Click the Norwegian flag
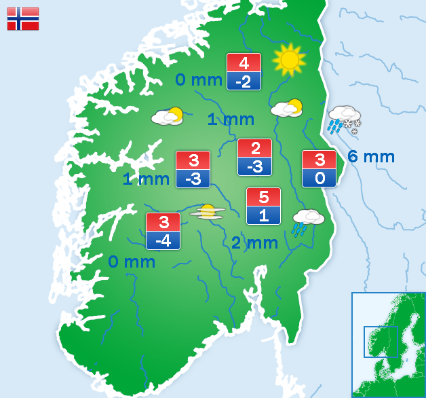pyautogui.click(x=23, y=19)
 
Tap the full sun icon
pyautogui.click(x=290, y=60)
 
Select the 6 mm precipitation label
pyautogui.click(x=371, y=157)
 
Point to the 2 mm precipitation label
pyautogui.click(x=254, y=242)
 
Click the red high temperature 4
pyautogui.click(x=244, y=62)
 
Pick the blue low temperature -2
pyautogui.click(x=244, y=82)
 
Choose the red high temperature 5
pyautogui.click(x=263, y=198)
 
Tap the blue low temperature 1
pyautogui.click(x=263, y=216)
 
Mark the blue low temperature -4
pyautogui.click(x=163, y=240)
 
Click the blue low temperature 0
pyautogui.click(x=319, y=179)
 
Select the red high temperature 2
pyautogui.click(x=254, y=148)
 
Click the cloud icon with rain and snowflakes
pyautogui.click(x=345, y=119)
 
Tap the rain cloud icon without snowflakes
pyautogui.click(x=307, y=221)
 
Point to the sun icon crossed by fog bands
pyautogui.click(x=207, y=212)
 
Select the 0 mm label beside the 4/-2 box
pyautogui.click(x=199, y=80)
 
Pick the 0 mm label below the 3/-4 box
pyautogui.click(x=132, y=261)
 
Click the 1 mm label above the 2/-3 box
pyautogui.click(x=231, y=120)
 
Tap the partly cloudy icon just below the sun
pyautogui.click(x=287, y=108)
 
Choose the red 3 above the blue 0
pyautogui.click(x=319, y=160)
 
